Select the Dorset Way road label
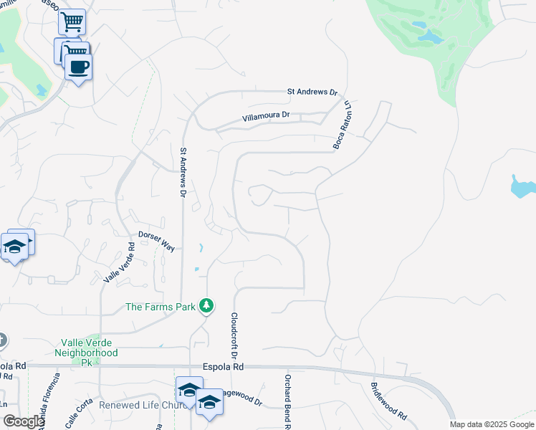[x=156, y=240]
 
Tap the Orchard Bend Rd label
[x=287, y=401]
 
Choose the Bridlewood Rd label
[x=388, y=401]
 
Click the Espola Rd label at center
[x=224, y=366]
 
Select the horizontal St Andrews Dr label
[x=312, y=92]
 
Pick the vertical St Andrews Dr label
[x=183, y=173]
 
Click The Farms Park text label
[x=161, y=307]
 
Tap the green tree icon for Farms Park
[x=206, y=306]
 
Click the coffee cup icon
[x=78, y=67]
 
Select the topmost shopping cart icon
[x=71, y=22]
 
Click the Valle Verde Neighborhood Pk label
[x=86, y=348]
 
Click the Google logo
[x=23, y=422]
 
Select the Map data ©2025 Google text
[x=491, y=424]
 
